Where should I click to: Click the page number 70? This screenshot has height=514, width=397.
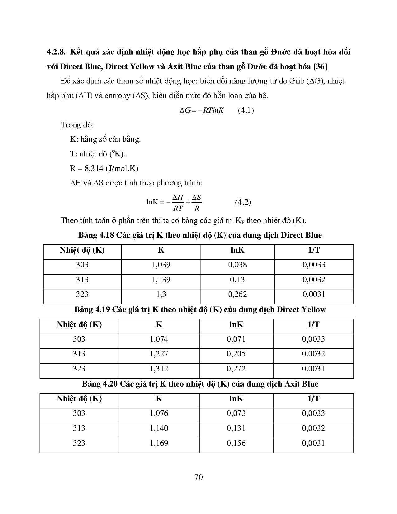pos(198,477)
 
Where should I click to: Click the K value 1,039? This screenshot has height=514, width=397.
pos(161,265)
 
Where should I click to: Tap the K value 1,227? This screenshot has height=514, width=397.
pos(159,354)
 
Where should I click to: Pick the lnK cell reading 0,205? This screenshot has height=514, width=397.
pos(236,354)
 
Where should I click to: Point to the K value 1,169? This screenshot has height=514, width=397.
pos(159,443)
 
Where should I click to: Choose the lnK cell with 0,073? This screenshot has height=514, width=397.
pos(236,413)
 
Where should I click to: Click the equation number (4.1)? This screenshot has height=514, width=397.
pos(246,110)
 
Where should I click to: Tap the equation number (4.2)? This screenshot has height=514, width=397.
pos(243,202)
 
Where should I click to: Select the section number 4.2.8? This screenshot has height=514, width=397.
pos(56,52)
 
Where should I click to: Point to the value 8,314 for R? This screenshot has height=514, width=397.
pos(92,169)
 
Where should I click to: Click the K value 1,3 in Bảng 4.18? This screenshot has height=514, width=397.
pos(161,294)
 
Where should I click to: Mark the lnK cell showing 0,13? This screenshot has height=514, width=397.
pos(237,280)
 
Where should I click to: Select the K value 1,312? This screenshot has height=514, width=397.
pos(159,369)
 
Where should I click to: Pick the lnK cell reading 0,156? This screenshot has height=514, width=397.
pos(236,443)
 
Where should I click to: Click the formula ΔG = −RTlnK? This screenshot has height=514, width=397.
pos(201,110)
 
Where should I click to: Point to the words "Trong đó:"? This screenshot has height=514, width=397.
pos(77,125)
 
